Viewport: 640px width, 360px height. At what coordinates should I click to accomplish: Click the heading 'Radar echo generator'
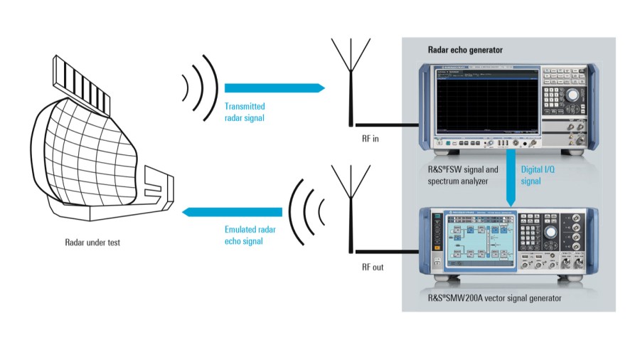pyautogui.click(x=464, y=51)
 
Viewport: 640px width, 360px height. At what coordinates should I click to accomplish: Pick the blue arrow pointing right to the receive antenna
pyautogui.click(x=274, y=88)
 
